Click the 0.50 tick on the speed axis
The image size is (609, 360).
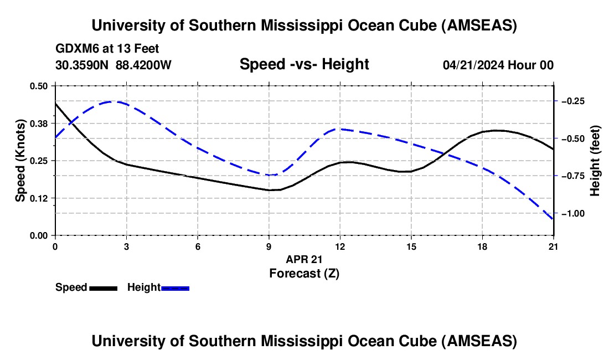pyautogui.click(x=40, y=86)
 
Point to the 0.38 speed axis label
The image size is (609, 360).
pyautogui.click(x=40, y=123)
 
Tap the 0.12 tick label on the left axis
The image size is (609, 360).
pyautogui.click(x=40, y=198)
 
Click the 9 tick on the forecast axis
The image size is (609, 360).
pyautogui.click(x=269, y=246)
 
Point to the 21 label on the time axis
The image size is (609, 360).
pyautogui.click(x=554, y=246)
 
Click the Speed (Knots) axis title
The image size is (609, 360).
pyautogui.click(x=20, y=160)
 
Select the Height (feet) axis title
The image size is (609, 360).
pyautogui.click(x=595, y=160)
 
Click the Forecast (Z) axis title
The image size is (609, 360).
pyautogui.click(x=304, y=273)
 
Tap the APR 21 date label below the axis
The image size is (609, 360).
pyautogui.click(x=304, y=259)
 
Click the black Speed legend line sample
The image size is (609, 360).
pyautogui.click(x=103, y=287)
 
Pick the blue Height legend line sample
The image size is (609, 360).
pyautogui.click(x=176, y=287)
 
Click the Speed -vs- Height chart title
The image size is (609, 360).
pyautogui.click(x=304, y=65)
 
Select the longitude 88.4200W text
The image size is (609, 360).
pyautogui.click(x=143, y=65)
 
